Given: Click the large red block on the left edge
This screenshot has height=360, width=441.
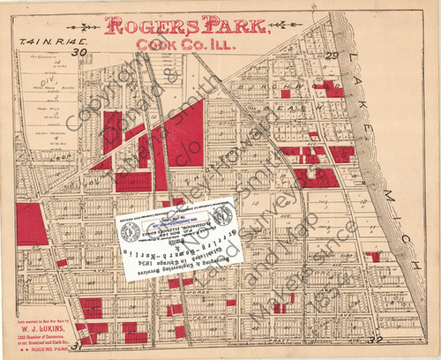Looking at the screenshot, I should pyautogui.click(x=31, y=224).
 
